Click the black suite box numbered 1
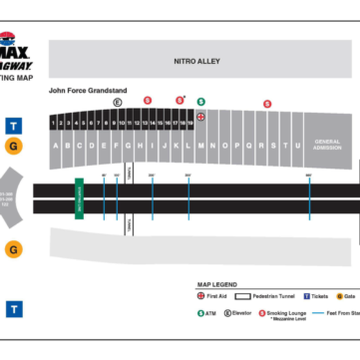coord(55,123)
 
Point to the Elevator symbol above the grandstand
coord(117,102)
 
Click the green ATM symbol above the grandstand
coord(200,102)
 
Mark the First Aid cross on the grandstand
coord(200,116)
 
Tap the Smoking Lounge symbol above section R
coord(267,103)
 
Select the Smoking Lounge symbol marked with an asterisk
coord(180,101)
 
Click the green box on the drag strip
coord(79,197)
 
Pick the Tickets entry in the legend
coord(315,296)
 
